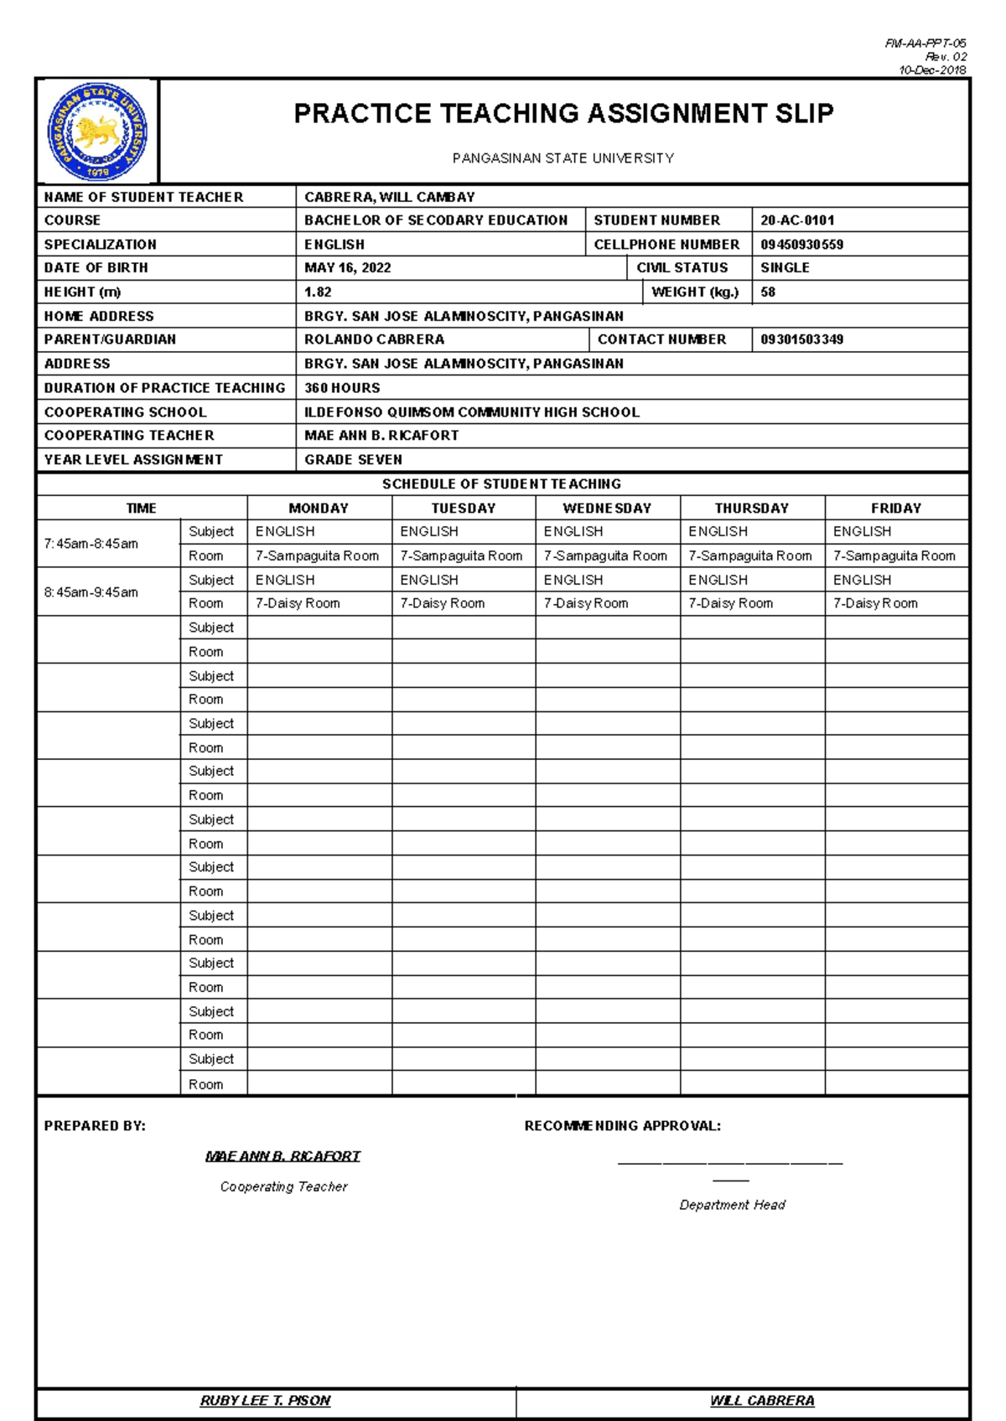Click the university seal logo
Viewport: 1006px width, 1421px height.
(97, 132)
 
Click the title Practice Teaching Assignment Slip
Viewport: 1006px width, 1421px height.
(563, 113)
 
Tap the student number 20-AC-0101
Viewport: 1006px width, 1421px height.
(797, 220)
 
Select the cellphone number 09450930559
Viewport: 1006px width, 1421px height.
(801, 245)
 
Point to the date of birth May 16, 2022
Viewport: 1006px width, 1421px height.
(347, 268)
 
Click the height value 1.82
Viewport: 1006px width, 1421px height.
(318, 292)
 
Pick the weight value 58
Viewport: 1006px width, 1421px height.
(768, 292)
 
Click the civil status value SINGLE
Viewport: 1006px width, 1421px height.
(785, 268)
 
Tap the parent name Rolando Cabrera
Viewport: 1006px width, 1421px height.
(374, 339)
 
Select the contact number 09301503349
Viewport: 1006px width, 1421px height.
(801, 339)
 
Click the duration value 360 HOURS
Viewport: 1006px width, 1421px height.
(342, 388)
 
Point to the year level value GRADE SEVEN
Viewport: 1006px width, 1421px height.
(353, 460)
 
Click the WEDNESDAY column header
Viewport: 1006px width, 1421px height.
(607, 509)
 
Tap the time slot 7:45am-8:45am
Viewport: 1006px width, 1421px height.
(91, 544)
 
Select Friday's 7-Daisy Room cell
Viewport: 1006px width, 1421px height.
(875, 603)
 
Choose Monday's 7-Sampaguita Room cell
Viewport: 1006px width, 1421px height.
(317, 555)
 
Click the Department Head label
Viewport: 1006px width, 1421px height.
(732, 1205)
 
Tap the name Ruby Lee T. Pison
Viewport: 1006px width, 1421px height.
(265, 1400)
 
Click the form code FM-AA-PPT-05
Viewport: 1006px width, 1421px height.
(926, 43)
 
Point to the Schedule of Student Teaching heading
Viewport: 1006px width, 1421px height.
(501, 484)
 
